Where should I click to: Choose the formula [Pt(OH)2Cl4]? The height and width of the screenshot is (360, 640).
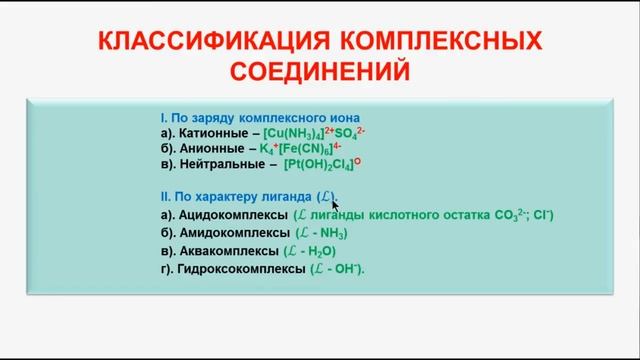coord(330,164)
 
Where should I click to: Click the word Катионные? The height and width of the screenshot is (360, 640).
coord(213,134)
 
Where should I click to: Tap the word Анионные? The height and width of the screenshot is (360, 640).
coord(209,149)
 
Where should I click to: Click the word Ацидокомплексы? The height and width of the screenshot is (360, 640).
coord(230,216)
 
